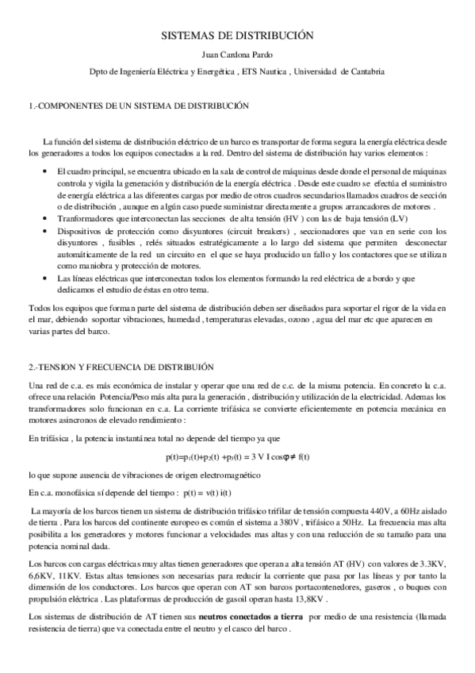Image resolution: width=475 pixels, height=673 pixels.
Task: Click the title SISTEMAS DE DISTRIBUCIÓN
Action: (238, 36)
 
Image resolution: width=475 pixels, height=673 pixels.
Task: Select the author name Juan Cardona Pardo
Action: (238, 57)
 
